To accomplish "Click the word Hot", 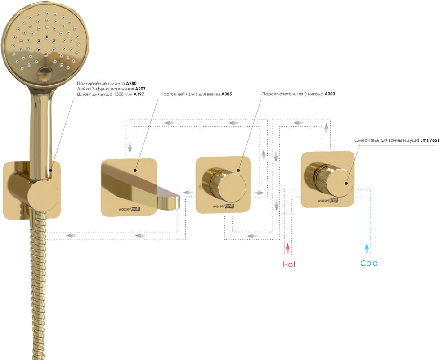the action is point(289,264).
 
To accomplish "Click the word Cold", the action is point(369,263).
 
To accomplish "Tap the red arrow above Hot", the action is point(287,249).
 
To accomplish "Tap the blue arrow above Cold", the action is point(367,249).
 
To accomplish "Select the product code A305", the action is point(227,94).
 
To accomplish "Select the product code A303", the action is point(330,94).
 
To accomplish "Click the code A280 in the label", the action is point(131,84).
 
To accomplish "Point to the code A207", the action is point(140,89).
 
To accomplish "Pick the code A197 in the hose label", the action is point(139,94).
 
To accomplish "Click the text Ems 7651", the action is point(430,141).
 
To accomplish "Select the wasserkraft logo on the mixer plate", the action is point(328,200).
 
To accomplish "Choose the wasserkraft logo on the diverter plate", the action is point(224,206).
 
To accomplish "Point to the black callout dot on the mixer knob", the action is point(346,184).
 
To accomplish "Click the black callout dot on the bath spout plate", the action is point(135,170).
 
